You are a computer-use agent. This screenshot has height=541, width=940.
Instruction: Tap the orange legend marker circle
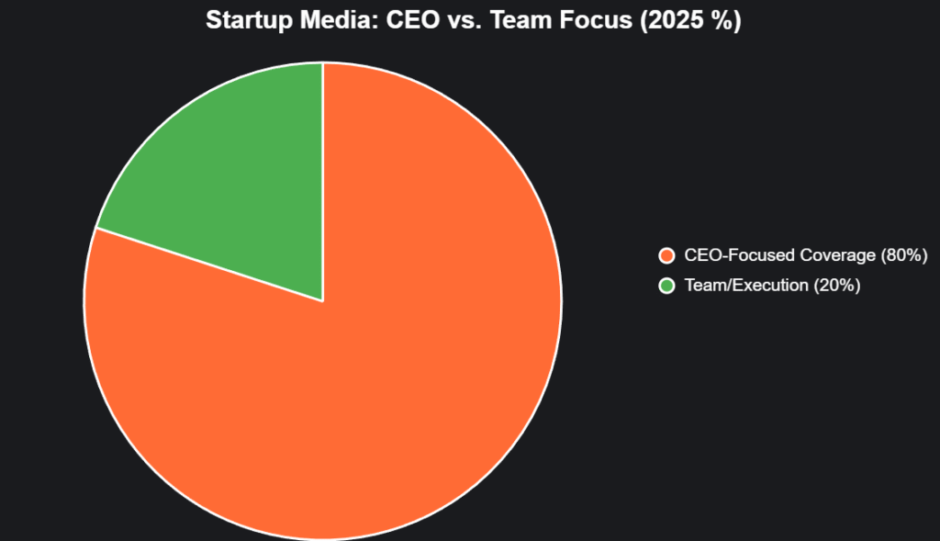point(666,255)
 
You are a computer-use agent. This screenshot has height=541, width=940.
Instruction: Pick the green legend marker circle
point(666,286)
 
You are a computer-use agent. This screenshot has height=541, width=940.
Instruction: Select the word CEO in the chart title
point(405,20)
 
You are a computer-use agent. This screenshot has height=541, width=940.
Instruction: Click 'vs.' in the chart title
point(453,20)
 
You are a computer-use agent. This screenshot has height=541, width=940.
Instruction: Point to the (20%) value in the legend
point(835,286)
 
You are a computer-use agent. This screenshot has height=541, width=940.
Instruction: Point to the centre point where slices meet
point(322,300)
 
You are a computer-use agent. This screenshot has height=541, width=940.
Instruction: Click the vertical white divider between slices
point(322,184)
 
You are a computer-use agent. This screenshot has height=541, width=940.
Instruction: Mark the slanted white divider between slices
point(209,265)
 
